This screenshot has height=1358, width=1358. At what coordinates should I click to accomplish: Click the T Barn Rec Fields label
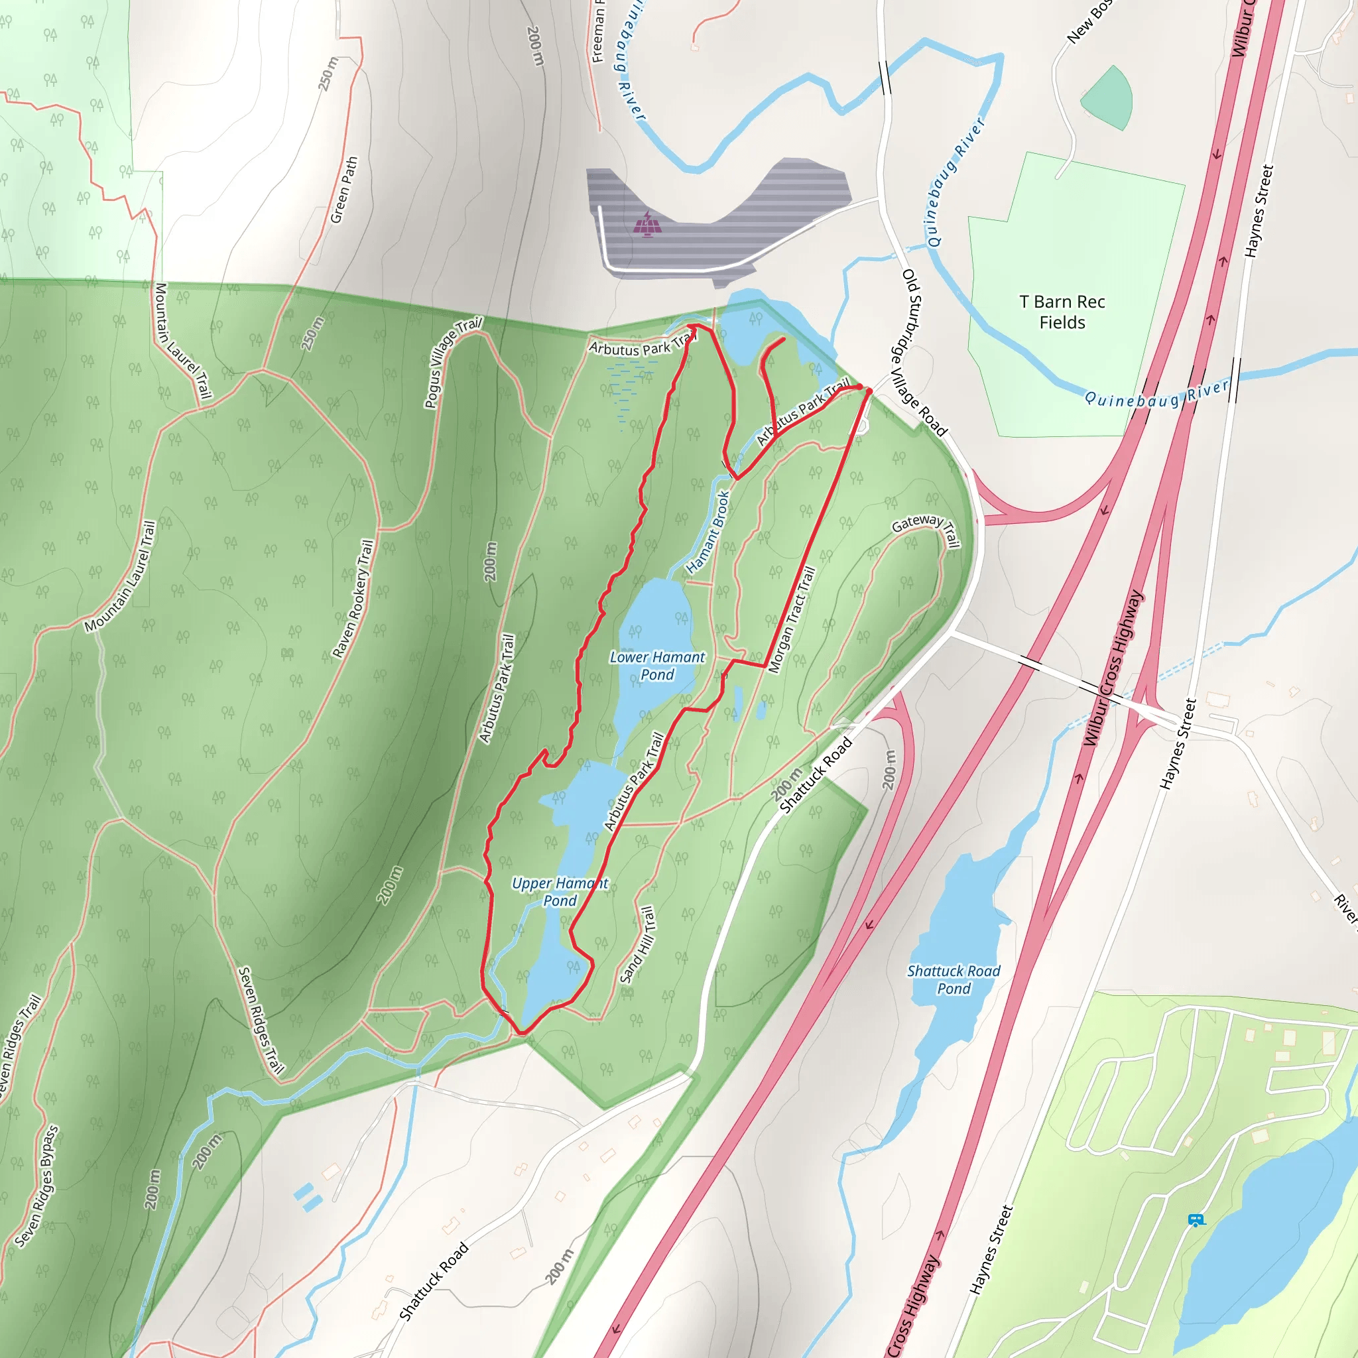point(1062,312)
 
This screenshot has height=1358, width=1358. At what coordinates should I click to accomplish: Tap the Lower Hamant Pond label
point(657,666)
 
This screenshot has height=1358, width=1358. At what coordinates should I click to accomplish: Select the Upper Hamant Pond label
point(560,892)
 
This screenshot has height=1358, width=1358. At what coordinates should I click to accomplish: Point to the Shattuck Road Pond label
point(954,980)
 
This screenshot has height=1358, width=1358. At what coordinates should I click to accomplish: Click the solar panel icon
point(647,225)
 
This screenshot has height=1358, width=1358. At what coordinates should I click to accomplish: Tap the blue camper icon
point(1196,1220)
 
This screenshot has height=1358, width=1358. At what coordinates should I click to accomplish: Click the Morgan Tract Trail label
point(792,619)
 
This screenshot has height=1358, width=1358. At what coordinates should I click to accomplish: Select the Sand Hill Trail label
point(639,945)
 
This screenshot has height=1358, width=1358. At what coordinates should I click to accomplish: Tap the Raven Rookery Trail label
point(353,599)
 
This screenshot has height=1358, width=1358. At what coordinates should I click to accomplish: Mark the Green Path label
point(344,190)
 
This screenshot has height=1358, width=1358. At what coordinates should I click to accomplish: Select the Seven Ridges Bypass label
point(36,1187)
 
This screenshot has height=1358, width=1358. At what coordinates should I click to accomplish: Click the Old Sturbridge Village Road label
point(924,352)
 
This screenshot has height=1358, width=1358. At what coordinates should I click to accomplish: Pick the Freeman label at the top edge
point(598,32)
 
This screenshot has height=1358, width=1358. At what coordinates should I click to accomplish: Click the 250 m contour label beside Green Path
point(328,74)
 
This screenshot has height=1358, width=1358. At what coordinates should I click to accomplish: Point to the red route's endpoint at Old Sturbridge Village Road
point(869,391)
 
